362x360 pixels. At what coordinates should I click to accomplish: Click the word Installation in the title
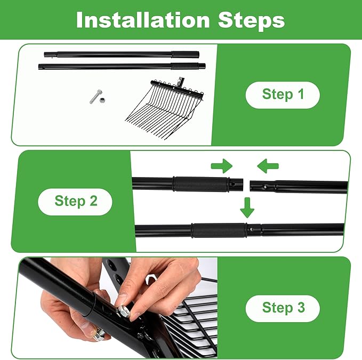pyautogui.click(x=143, y=20)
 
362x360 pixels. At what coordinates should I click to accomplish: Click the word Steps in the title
pyautogui.click(x=251, y=21)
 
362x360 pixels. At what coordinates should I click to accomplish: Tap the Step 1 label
pyautogui.click(x=283, y=94)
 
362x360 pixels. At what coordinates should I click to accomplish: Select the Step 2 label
pyautogui.click(x=76, y=201)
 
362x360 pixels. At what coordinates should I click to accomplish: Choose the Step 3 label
pyautogui.click(x=283, y=308)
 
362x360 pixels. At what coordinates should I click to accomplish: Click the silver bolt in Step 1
pyautogui.click(x=95, y=97)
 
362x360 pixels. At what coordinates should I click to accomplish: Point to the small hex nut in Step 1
pyautogui.click(x=102, y=100)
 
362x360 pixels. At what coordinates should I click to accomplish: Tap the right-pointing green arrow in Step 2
pyautogui.click(x=222, y=166)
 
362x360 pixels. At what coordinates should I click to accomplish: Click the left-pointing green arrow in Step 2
pyautogui.click(x=268, y=166)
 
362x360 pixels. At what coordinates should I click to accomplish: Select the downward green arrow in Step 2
pyautogui.click(x=247, y=207)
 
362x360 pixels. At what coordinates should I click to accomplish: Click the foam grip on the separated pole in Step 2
pyautogui.click(x=201, y=184)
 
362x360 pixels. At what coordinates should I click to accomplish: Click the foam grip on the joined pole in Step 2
pyautogui.click(x=219, y=230)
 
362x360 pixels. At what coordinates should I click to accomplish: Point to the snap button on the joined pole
pyautogui.click(x=251, y=229)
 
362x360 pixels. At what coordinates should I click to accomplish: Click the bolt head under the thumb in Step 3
pyautogui.click(x=99, y=334)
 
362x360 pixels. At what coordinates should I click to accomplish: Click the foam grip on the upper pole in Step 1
pyautogui.click(x=185, y=55)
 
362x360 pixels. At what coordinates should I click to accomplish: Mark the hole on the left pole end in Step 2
pyautogui.click(x=233, y=184)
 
